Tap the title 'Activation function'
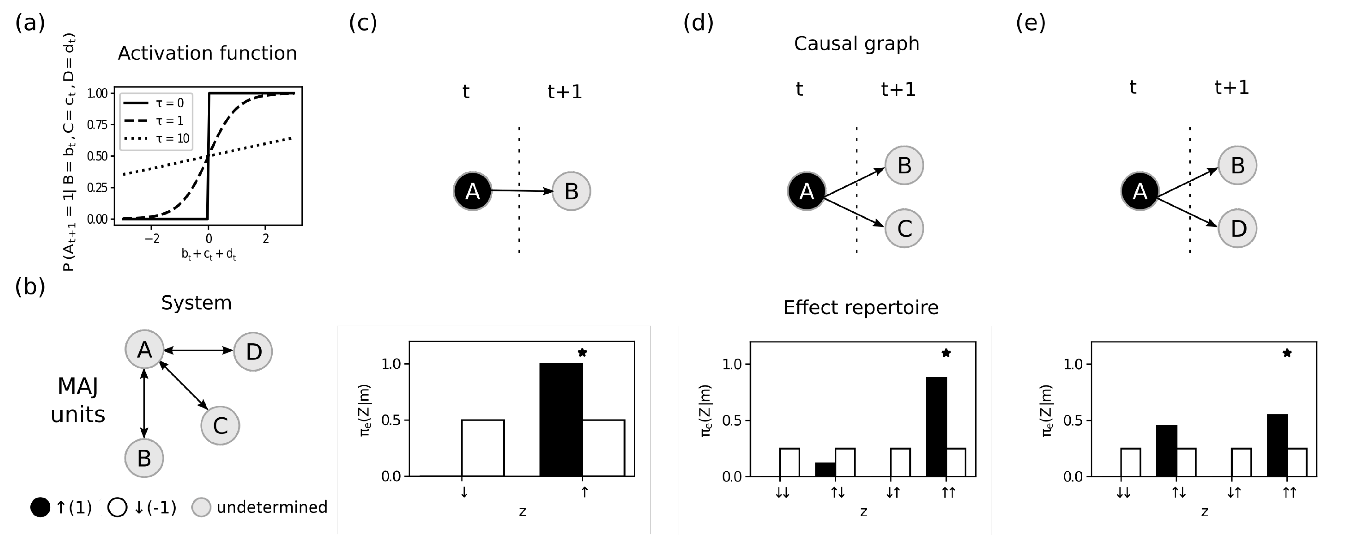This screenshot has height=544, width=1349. click(x=207, y=53)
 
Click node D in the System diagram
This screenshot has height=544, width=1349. click(x=253, y=351)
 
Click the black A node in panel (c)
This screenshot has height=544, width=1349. click(x=472, y=191)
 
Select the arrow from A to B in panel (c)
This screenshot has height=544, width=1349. click(x=521, y=191)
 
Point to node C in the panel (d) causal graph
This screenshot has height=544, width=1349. click(x=904, y=228)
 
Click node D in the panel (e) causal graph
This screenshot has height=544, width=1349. click(x=1238, y=228)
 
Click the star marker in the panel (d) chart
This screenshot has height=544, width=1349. click(x=946, y=353)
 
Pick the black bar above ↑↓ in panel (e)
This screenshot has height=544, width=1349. click(x=1166, y=450)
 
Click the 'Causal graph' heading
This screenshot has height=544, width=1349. click(x=856, y=43)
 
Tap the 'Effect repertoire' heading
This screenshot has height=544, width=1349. click(x=861, y=307)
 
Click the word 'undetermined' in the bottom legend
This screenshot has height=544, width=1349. click(x=272, y=507)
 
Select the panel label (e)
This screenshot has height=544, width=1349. click(x=1030, y=23)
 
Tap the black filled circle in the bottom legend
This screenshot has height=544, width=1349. click(x=40, y=507)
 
